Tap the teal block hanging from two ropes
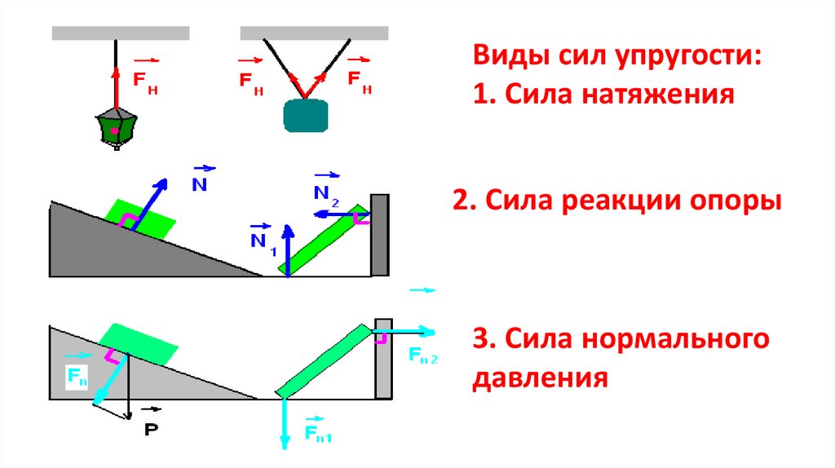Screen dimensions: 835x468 pyautogui.click(x=306, y=115)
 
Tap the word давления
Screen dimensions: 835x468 pyautogui.click(x=540, y=378)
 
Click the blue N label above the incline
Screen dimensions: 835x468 pyautogui.click(x=199, y=183)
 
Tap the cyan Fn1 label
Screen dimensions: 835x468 pyautogui.click(x=316, y=433)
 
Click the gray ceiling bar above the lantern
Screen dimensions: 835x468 pyautogui.click(x=121, y=33)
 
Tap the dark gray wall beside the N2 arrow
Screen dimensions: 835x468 pyautogui.click(x=379, y=236)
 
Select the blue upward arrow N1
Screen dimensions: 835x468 pyautogui.click(x=288, y=249)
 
